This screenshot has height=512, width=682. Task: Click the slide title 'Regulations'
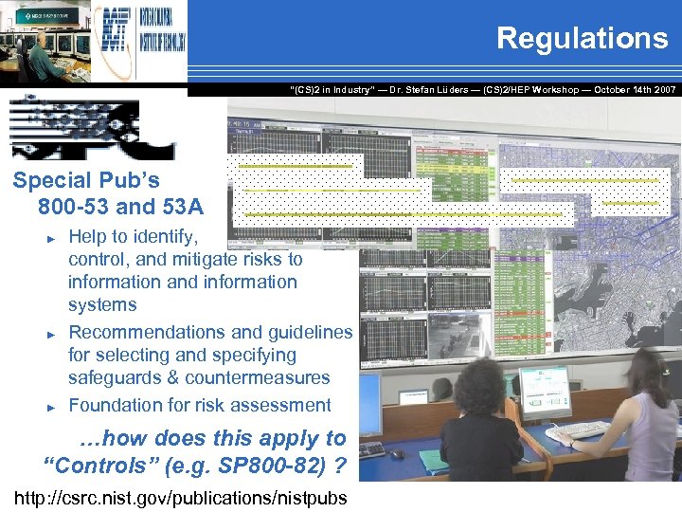[x=582, y=38]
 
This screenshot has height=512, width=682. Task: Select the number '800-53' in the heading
[x=69, y=206]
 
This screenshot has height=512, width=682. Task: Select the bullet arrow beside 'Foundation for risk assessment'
[x=53, y=406]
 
